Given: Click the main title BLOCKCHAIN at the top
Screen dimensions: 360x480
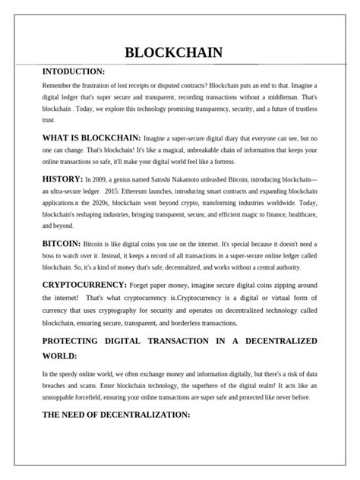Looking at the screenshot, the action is click(173, 52).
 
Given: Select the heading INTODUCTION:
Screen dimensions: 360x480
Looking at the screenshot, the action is click(74, 71).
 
